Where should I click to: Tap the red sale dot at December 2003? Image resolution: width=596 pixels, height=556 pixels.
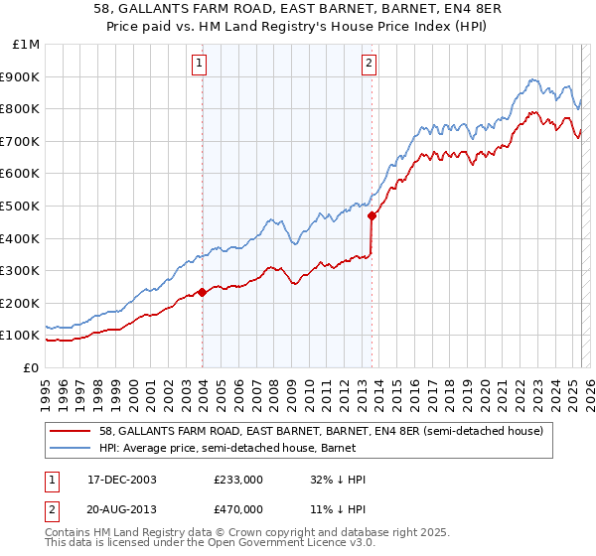pyautogui.click(x=203, y=292)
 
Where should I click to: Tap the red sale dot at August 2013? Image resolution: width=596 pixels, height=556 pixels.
pyautogui.click(x=372, y=214)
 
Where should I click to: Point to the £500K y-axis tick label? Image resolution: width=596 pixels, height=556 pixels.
pyautogui.click(x=20, y=206)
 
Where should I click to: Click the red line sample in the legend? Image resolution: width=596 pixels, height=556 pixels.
pyautogui.click(x=71, y=431)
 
